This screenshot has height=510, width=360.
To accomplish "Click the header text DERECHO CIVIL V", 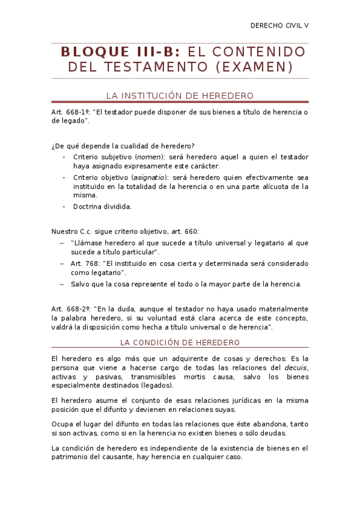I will [279, 26].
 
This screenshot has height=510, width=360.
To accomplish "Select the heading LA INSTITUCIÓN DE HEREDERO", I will [180, 95].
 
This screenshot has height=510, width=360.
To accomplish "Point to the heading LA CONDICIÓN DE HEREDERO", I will [180, 342].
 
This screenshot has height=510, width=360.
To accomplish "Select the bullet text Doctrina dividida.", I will [102, 206].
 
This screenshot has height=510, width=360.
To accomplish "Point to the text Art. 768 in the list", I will [84, 263].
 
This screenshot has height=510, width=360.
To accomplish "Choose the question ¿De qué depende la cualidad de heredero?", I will [123, 146].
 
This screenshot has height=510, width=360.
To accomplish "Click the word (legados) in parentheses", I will [154, 386].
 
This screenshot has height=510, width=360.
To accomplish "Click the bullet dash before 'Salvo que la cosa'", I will [62, 284].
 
